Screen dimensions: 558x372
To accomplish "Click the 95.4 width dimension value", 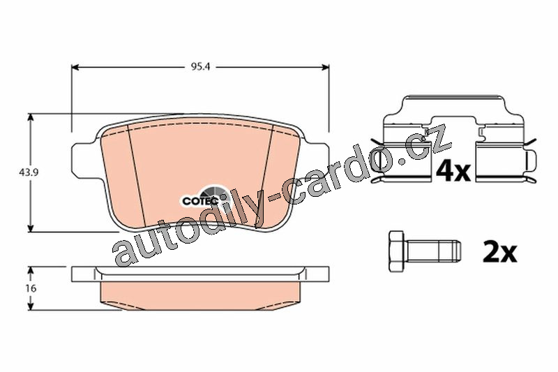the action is coord(201,67).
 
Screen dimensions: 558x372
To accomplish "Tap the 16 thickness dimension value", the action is coord(31,288).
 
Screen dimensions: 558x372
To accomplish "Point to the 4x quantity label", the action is coord(453,172).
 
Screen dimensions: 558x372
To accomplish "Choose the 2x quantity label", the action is coord(499,253).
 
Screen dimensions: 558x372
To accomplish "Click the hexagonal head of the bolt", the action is coord(397,253).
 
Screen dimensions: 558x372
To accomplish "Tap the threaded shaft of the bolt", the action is coord(432,251).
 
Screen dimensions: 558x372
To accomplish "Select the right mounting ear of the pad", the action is coord(316,158).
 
